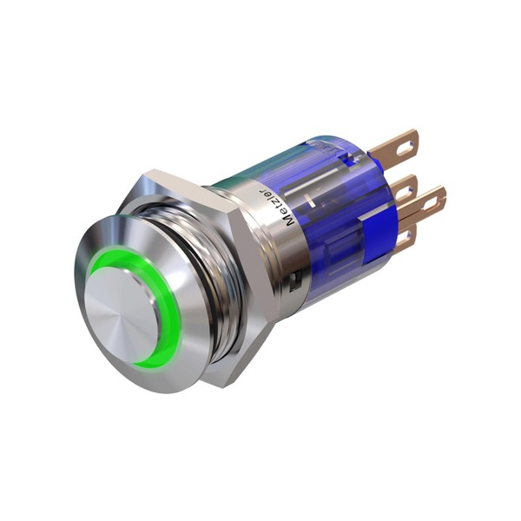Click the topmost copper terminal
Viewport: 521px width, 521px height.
point(395,146)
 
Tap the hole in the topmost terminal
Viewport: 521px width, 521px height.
point(406,148)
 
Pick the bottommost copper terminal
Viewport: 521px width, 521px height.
point(406,239)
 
